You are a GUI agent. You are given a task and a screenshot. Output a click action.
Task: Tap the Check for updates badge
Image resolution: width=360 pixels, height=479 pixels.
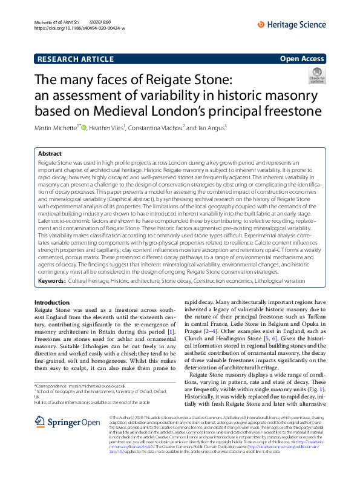coord(316,76)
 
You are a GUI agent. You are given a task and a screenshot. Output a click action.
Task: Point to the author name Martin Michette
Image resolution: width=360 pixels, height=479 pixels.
coord(57,127)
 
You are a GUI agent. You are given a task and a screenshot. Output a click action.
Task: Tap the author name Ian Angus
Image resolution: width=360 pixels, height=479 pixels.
coord(209,127)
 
